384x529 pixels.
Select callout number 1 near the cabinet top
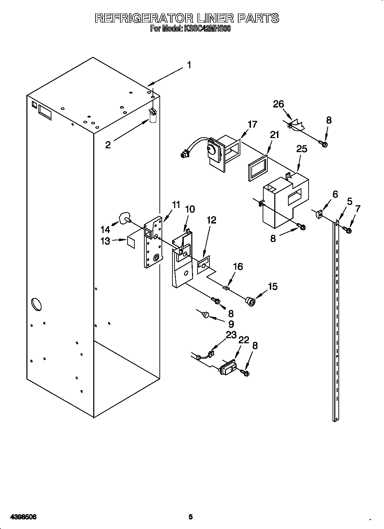pos(189,65)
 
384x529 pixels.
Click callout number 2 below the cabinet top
pos(108,145)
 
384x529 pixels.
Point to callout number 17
pos(253,124)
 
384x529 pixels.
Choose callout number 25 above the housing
pos(302,149)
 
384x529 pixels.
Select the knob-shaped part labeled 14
pos(124,218)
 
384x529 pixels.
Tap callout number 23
pos(231,335)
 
